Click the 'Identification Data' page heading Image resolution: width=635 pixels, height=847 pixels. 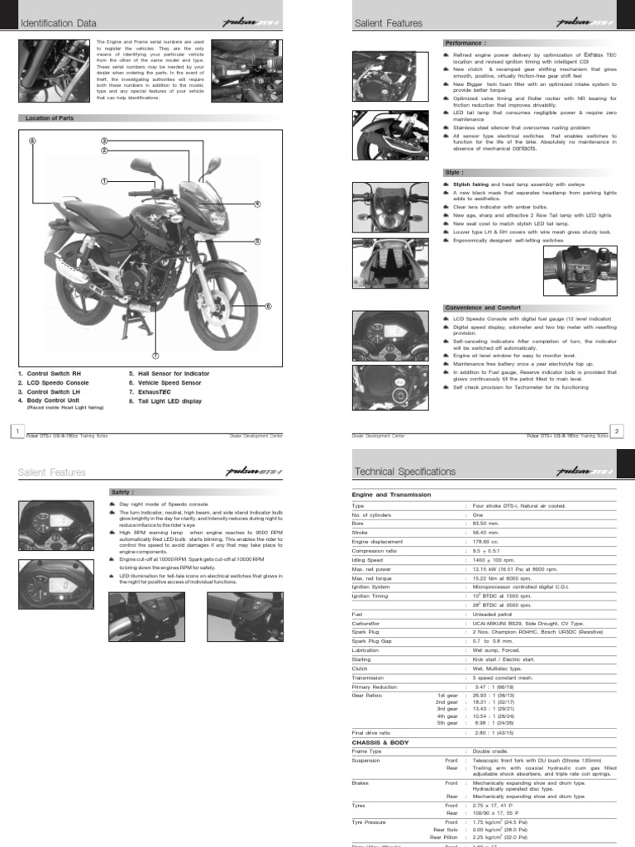coord(52,24)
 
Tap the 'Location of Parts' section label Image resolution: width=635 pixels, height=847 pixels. coord(50,118)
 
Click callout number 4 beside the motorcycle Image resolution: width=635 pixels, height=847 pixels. coord(257,203)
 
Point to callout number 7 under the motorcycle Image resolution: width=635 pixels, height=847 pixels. coord(155,355)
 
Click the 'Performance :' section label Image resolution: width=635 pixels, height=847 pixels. coord(465,41)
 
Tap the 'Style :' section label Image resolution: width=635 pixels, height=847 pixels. coord(455,172)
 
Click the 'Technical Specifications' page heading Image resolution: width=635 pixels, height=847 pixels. coord(404,471)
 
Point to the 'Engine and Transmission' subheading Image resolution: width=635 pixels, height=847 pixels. coord(391,494)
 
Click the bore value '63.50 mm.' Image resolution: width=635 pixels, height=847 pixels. coord(487,524)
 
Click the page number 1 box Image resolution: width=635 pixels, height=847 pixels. coord(15,430)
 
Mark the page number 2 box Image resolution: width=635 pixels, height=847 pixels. coord(618,430)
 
